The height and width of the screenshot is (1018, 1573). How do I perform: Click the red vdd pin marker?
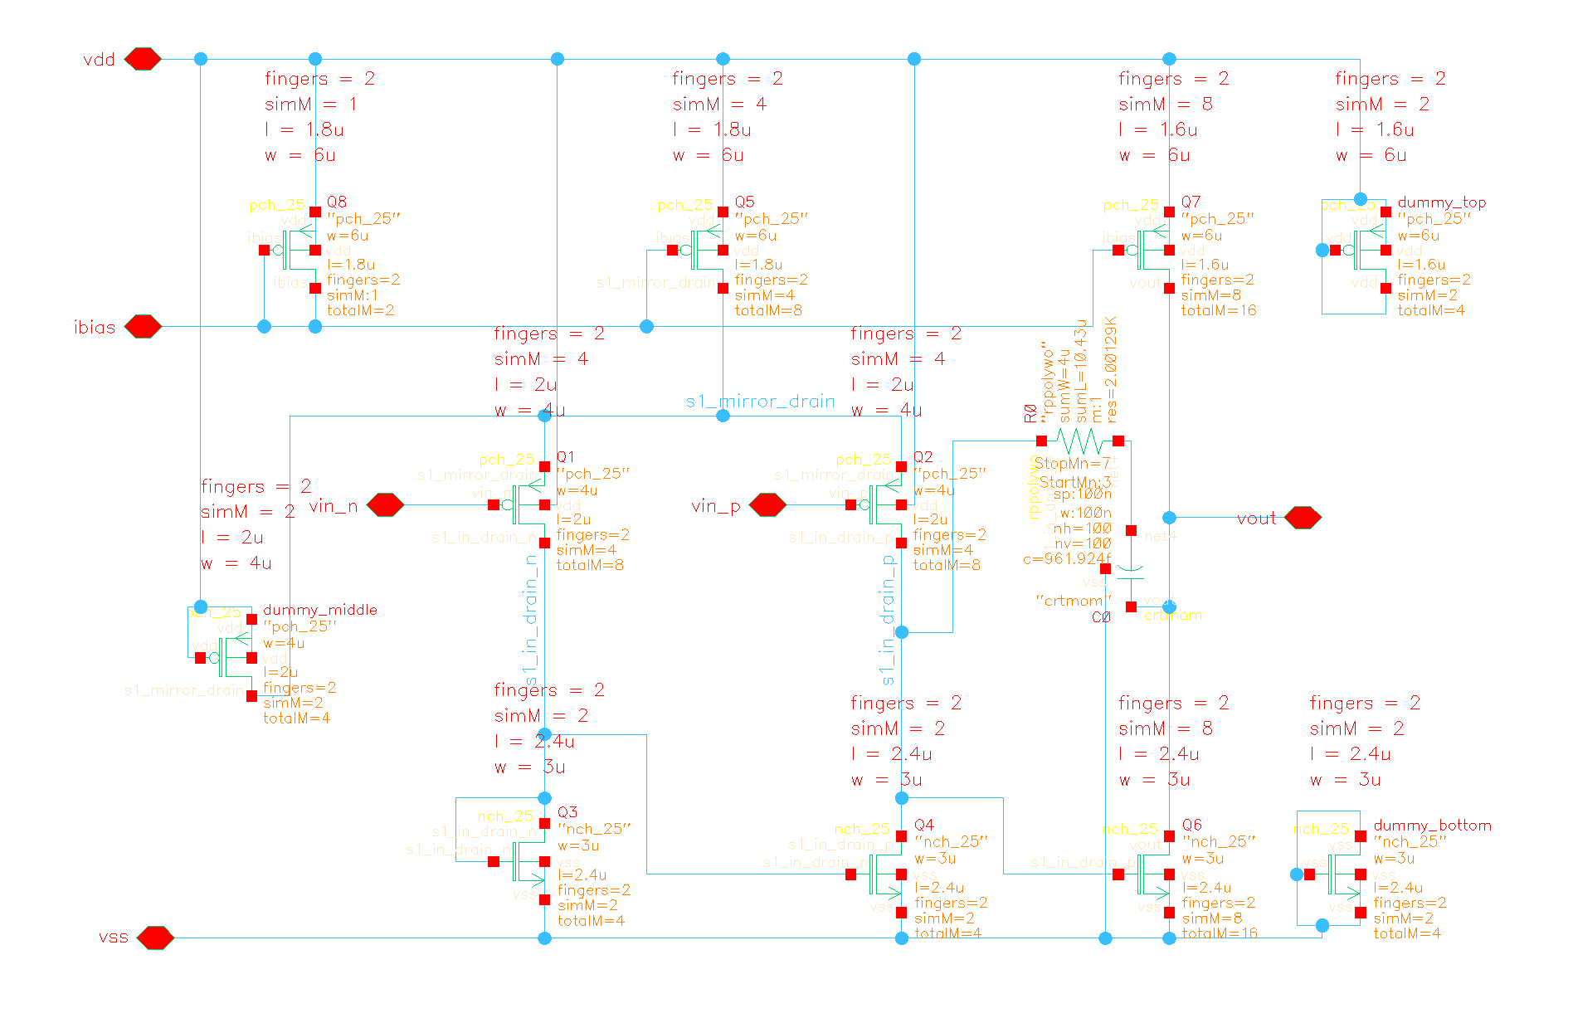[x=143, y=59]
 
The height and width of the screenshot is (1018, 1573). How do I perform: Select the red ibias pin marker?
[x=143, y=326]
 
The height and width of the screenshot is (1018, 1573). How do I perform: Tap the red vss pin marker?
[x=155, y=938]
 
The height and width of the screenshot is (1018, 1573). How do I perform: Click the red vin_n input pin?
[x=385, y=504]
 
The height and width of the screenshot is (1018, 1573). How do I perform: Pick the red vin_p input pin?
[x=767, y=504]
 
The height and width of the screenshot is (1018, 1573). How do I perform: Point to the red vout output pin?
[x=1303, y=518]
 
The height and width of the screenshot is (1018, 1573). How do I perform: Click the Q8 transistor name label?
[x=337, y=202]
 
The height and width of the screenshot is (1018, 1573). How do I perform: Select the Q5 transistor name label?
[x=745, y=202]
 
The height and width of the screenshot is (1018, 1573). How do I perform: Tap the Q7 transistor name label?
[x=1191, y=202]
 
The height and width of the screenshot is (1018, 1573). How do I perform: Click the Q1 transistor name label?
[x=566, y=457]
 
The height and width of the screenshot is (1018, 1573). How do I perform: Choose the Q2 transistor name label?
[x=923, y=457]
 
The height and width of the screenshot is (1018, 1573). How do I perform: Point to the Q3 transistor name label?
[x=567, y=812]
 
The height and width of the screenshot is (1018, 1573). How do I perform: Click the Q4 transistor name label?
[x=924, y=825]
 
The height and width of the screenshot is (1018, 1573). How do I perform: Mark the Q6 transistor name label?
[x=1192, y=825]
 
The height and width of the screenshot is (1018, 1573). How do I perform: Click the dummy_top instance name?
[x=1442, y=202]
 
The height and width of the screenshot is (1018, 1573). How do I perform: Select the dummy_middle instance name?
[x=320, y=610]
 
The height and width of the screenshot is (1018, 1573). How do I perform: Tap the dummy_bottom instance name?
[x=1433, y=826]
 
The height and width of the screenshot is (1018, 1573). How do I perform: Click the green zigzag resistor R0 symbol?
[x=1079, y=441]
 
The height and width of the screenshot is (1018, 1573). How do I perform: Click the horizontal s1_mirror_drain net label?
[x=761, y=402]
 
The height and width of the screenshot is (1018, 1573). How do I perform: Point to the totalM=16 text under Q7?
[x=1219, y=310]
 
